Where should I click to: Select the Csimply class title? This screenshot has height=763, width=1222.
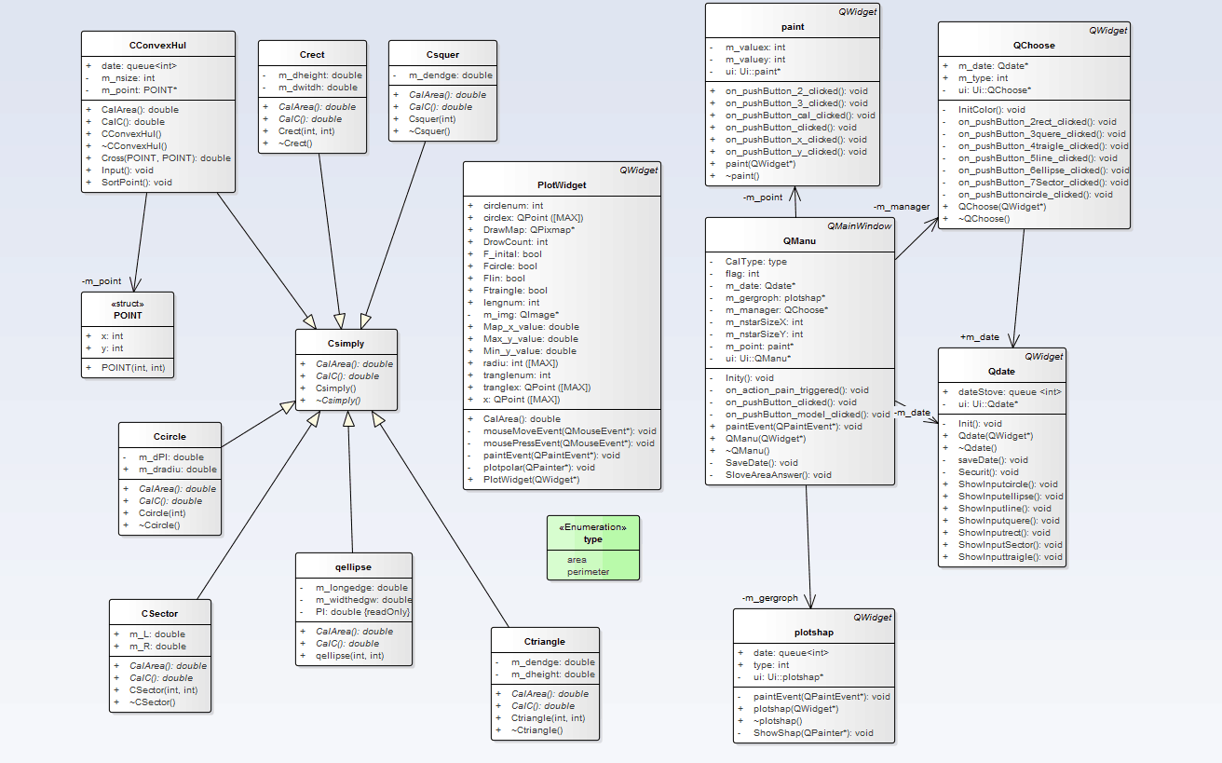click(x=346, y=344)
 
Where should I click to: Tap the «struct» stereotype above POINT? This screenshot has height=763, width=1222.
click(x=128, y=304)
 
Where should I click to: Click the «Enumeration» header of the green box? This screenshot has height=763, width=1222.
click(x=592, y=527)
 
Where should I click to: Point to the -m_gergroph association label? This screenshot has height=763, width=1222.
click(x=769, y=597)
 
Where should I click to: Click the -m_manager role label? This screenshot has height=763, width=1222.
click(x=901, y=206)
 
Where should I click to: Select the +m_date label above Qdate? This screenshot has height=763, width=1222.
click(x=979, y=336)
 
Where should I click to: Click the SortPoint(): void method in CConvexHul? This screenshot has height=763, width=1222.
click(x=137, y=183)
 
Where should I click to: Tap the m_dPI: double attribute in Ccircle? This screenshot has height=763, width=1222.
click(x=171, y=457)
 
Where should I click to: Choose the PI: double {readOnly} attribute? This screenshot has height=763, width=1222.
click(x=362, y=612)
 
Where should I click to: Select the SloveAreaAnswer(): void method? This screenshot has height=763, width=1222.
click(x=778, y=474)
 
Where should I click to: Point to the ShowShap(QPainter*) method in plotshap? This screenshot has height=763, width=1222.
click(x=813, y=732)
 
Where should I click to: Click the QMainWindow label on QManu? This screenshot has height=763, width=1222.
click(x=859, y=226)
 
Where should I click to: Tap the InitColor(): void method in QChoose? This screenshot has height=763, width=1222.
click(x=991, y=109)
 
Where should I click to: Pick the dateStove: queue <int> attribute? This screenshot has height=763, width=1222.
click(x=1010, y=392)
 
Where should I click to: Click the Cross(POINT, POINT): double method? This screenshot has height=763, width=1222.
click(x=166, y=158)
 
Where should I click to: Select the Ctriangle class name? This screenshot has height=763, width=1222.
click(x=544, y=641)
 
